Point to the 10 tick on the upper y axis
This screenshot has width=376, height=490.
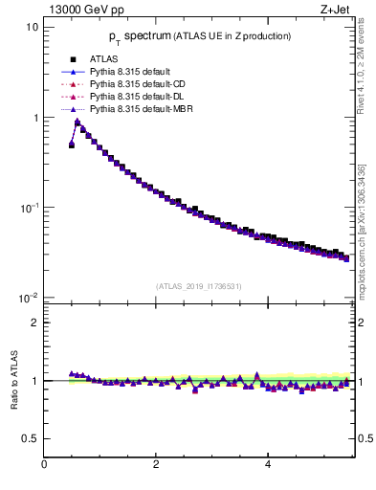(x=32, y=27)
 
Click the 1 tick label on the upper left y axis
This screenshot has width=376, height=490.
(x=34, y=118)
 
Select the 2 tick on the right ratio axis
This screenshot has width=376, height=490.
(x=363, y=323)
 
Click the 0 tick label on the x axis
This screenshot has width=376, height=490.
(x=44, y=464)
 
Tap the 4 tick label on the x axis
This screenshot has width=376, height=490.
(x=267, y=464)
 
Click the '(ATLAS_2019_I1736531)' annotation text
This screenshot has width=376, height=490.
(x=197, y=286)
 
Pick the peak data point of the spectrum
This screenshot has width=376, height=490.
(x=77, y=122)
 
